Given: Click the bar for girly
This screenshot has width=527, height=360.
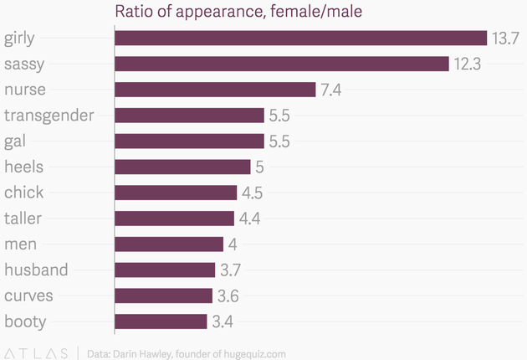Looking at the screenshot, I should pos(300,38).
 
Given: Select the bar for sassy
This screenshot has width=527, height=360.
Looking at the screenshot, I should pos(282,64).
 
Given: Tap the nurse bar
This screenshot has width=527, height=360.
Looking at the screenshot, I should pos(215,90).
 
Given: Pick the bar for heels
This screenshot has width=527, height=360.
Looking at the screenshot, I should pos(182,167).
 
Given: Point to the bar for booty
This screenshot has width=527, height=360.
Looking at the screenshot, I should pos(161,321).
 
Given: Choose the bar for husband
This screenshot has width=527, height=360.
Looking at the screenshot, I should pos(165,270).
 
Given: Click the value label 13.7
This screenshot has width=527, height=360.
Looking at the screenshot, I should pos(507,39).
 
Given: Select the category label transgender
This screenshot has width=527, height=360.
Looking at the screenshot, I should pos(49,116).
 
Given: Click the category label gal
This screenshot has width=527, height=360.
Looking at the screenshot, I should pos(16,141).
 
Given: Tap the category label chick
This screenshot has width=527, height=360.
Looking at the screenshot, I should pos(24,192).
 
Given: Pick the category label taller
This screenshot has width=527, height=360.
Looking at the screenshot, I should pos(23,218).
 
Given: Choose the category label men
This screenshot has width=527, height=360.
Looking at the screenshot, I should pos(20,244).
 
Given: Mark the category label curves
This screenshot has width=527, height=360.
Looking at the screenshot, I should pos(28,295).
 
